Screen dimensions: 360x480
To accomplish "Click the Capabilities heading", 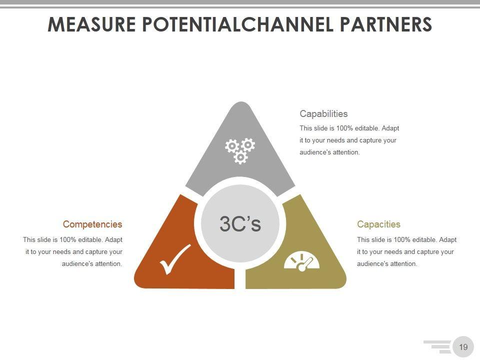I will click(x=323, y=113).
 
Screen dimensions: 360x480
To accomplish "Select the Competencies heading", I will click(x=92, y=224).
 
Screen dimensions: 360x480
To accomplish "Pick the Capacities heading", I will click(x=378, y=224).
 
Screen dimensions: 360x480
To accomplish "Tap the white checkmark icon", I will click(x=175, y=259).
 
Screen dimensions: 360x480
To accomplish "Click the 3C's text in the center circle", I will click(x=240, y=224).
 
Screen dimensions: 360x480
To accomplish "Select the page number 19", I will click(x=463, y=347).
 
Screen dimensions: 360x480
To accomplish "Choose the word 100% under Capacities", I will click(x=402, y=240).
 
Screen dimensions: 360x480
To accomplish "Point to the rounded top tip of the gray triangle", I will click(x=241, y=106).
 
